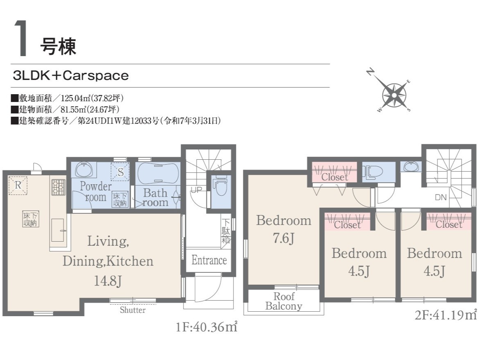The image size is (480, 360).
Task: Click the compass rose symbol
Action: (394, 95)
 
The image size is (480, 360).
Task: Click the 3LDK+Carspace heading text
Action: (71, 76)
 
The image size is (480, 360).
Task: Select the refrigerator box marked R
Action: (18, 185)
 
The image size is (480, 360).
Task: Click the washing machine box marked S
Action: (120, 172)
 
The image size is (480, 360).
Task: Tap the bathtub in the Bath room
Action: (158, 173)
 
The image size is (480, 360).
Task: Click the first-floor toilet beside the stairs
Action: (221, 186)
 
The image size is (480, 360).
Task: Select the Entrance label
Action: (209, 260)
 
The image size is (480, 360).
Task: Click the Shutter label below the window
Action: (133, 310)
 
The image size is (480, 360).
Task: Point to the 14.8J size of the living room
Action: (108, 281)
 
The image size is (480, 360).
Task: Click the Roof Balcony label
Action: (284, 301)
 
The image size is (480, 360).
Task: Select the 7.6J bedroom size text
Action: (284, 238)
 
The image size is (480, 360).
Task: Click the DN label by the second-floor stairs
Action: (441, 198)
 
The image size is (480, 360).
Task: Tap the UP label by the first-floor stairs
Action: (196, 190)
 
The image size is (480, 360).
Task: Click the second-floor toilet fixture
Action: (373, 172)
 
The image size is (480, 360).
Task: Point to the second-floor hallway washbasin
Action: (411, 167)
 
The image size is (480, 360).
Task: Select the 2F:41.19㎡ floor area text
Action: (446, 315)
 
